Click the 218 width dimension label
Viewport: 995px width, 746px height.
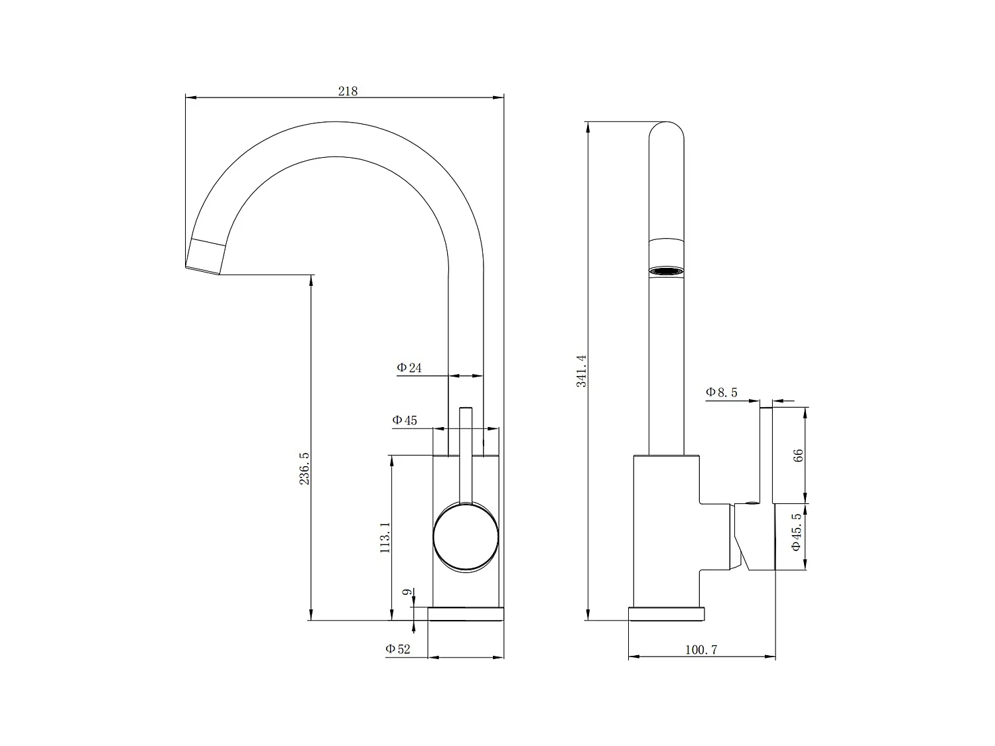pyautogui.click(x=348, y=92)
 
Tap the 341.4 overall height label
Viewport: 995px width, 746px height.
pyautogui.click(x=582, y=371)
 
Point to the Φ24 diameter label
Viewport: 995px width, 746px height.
pyautogui.click(x=409, y=367)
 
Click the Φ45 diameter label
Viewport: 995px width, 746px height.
pyautogui.click(x=405, y=420)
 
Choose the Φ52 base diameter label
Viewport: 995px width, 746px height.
pyautogui.click(x=398, y=649)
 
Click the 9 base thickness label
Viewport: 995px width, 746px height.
pyautogui.click(x=407, y=592)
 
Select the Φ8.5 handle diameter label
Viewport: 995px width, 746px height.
pyautogui.click(x=721, y=392)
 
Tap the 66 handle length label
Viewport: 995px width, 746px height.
pyautogui.click(x=799, y=455)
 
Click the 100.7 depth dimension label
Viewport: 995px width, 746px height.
pyautogui.click(x=701, y=650)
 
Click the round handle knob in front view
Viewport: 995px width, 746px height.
pyautogui.click(x=466, y=536)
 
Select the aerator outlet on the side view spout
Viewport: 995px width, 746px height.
pyautogui.click(x=666, y=271)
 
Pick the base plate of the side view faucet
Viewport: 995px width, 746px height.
pyautogui.click(x=666, y=613)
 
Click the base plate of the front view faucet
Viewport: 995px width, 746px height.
pyautogui.click(x=466, y=613)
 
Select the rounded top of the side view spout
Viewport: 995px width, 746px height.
pyautogui.click(x=666, y=133)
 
